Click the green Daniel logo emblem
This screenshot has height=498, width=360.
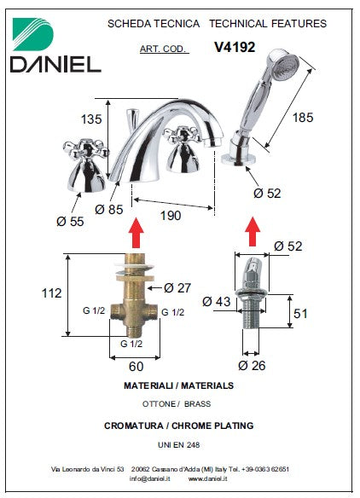coord(32,34)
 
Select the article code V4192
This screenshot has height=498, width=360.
coord(235,47)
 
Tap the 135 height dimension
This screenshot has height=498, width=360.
coord(91,119)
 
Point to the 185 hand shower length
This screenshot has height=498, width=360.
coord(303,117)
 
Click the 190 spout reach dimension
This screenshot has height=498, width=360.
coord(171,216)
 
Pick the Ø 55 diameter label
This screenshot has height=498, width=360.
coord(70,222)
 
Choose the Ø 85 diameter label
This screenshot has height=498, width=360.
coord(108,209)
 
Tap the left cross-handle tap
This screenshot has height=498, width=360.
coord(85,165)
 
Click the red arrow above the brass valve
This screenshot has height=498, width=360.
coord(136,233)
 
